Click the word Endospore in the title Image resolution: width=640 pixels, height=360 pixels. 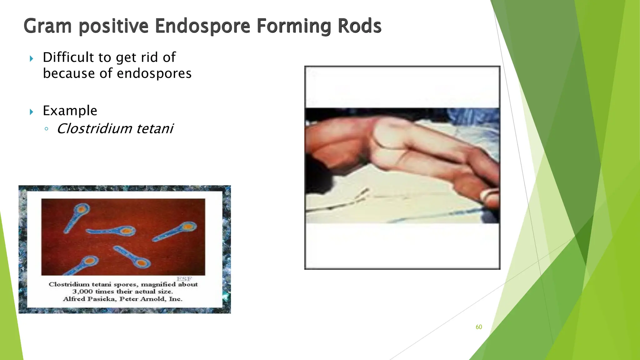click(x=202, y=26)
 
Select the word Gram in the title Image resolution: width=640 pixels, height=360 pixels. click(x=47, y=26)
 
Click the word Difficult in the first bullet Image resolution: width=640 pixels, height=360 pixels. click(x=68, y=57)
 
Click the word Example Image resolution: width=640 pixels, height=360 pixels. click(x=70, y=111)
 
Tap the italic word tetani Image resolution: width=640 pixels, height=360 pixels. click(x=155, y=129)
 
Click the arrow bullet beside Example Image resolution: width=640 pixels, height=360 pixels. click(x=31, y=112)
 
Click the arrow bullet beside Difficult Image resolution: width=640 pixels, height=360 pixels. click(x=31, y=58)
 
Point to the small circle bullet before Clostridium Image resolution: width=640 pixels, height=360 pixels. click(x=46, y=129)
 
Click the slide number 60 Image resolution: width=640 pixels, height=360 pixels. click(x=479, y=327)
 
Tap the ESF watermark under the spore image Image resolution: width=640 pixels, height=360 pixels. click(x=184, y=279)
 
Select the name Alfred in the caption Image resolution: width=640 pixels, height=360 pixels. click(x=74, y=299)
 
